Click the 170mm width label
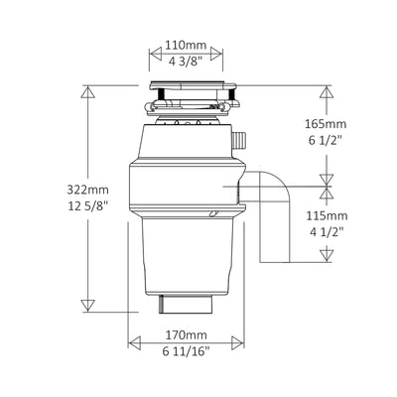(186, 334)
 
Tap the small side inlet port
(241, 138)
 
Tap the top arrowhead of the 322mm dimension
(89, 91)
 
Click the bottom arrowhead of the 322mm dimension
(89, 305)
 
